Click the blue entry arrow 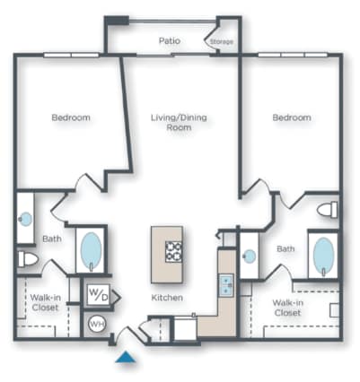(127, 358)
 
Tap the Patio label (170, 40)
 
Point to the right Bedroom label (292, 117)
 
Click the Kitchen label (167, 297)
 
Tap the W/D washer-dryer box (96, 293)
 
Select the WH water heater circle (96, 324)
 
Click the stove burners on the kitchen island (172, 250)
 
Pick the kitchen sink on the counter (227, 286)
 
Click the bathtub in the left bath (91, 250)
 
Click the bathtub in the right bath (323, 256)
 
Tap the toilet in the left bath (28, 259)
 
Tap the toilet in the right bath (328, 210)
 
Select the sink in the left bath (26, 218)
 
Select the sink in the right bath (249, 256)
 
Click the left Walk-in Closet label (45, 302)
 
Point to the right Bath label (285, 248)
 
